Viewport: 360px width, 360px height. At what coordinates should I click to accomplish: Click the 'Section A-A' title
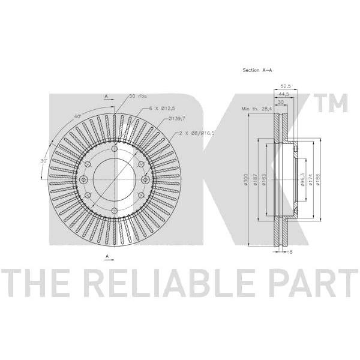(x=257, y=70)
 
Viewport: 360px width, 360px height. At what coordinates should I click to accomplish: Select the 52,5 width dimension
(x=286, y=86)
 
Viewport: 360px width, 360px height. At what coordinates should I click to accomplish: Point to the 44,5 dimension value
(x=284, y=94)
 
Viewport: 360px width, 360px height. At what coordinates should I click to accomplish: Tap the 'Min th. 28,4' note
(x=256, y=109)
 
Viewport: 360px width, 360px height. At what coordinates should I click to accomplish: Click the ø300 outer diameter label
(x=245, y=179)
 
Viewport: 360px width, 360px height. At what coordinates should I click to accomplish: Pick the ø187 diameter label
(x=255, y=179)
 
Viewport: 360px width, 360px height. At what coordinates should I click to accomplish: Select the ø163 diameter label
(x=264, y=179)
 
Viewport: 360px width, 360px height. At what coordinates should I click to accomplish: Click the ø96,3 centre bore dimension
(x=302, y=180)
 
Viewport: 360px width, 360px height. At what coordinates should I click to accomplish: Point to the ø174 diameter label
(x=310, y=179)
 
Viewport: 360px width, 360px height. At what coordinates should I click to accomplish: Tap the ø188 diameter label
(x=318, y=179)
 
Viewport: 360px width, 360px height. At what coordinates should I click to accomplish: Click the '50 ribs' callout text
(x=138, y=96)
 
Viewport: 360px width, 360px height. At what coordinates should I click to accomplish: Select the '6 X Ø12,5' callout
(x=162, y=109)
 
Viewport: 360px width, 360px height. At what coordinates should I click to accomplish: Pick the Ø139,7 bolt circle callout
(x=176, y=119)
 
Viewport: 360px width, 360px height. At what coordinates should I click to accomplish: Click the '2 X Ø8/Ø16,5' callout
(x=196, y=133)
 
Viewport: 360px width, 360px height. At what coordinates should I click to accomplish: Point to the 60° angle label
(x=78, y=116)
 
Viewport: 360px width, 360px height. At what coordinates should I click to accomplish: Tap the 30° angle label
(x=44, y=161)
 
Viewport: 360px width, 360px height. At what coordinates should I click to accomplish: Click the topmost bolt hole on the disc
(x=115, y=149)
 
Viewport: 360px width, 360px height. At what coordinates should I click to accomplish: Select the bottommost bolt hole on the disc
(x=115, y=211)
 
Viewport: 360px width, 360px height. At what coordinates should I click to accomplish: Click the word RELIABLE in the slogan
(x=169, y=283)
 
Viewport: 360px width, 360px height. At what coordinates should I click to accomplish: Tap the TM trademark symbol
(x=331, y=103)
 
